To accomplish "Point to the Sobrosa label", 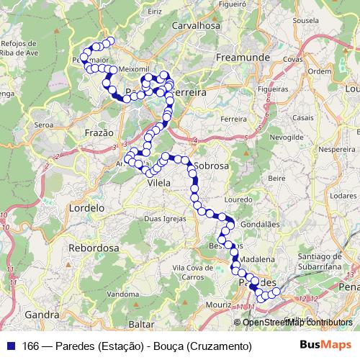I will pyautogui.click(x=212, y=166).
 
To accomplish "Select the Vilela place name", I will pyautogui.click(x=158, y=184).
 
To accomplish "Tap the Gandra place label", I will pyautogui.click(x=41, y=315).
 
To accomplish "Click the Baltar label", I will pyautogui.click(x=141, y=325).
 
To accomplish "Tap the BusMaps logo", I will pyautogui.click(x=325, y=346).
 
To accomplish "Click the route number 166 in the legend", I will pyautogui.click(x=31, y=346).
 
